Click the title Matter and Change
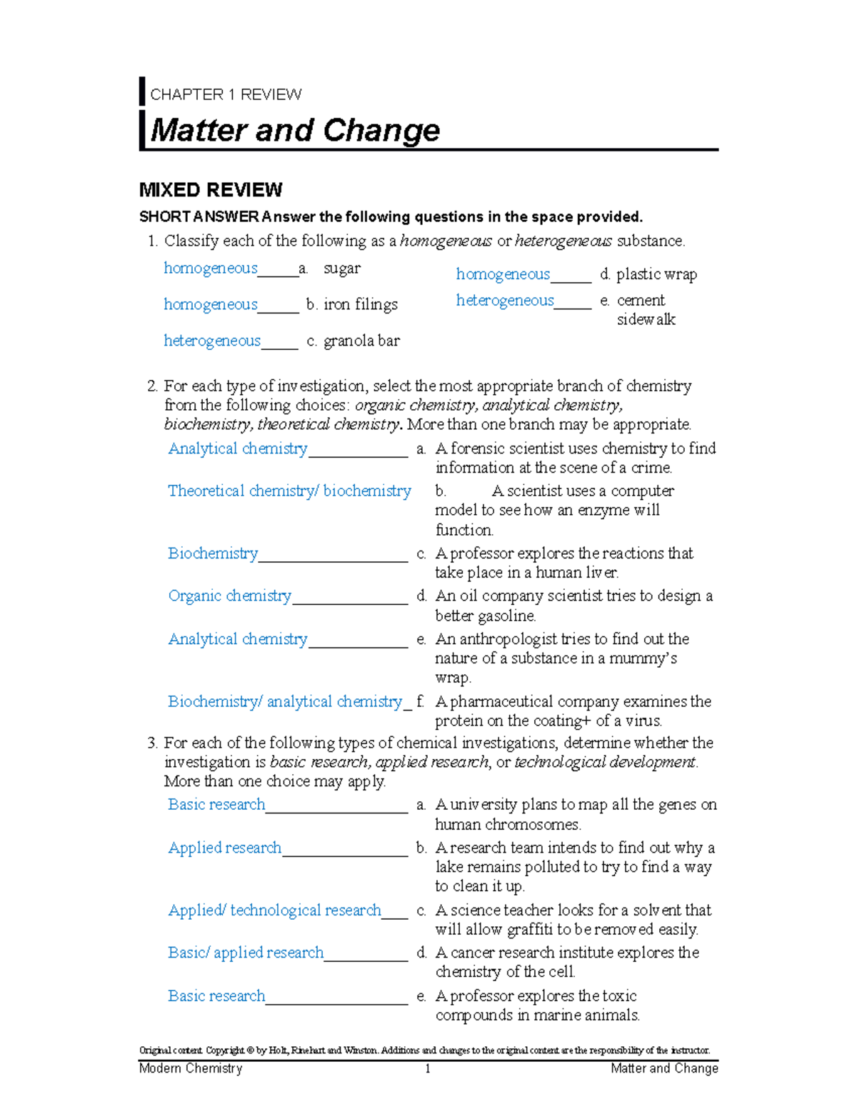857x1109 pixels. [x=295, y=131]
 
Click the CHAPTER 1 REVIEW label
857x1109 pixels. [x=226, y=94]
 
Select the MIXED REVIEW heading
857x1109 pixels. [x=211, y=190]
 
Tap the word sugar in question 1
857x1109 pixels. [x=342, y=269]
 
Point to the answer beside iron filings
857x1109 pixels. [x=211, y=305]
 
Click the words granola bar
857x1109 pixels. [x=361, y=341]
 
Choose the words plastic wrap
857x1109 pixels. [x=656, y=275]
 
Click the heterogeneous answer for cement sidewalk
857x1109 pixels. [x=505, y=301]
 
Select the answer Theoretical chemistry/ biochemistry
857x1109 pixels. [x=289, y=491]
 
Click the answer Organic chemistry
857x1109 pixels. [x=230, y=596]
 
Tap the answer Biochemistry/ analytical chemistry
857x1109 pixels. [x=285, y=702]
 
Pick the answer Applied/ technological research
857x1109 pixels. [x=275, y=910]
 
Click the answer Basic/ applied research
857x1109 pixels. [x=246, y=953]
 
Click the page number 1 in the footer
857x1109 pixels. [x=428, y=1069]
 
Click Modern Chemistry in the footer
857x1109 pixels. [x=191, y=1069]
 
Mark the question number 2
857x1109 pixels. [x=151, y=386]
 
